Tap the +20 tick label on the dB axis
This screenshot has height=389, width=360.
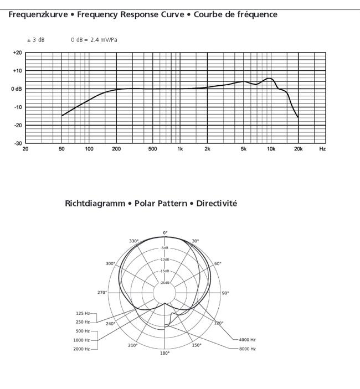[17, 53]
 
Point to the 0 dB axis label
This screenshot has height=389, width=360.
[17, 89]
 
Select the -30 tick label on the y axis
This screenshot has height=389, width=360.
[18, 143]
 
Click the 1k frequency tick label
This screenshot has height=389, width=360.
[180, 149]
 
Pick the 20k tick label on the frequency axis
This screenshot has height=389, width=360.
[298, 149]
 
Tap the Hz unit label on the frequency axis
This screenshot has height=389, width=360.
[322, 149]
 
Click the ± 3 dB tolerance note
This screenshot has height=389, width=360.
[36, 40]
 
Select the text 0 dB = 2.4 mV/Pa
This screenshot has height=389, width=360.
[94, 40]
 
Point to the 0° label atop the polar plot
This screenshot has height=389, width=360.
[165, 233]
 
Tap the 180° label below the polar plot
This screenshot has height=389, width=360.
[165, 353]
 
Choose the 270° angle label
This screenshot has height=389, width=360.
[102, 293]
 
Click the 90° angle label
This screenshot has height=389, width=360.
[225, 293]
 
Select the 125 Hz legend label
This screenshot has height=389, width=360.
[83, 314]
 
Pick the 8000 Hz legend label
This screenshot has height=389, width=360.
[247, 349]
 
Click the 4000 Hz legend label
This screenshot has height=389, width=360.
[247, 340]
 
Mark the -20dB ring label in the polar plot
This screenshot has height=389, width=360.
[165, 283]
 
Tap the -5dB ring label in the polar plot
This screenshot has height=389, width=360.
[165, 248]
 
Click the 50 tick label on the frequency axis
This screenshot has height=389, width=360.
[61, 149]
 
